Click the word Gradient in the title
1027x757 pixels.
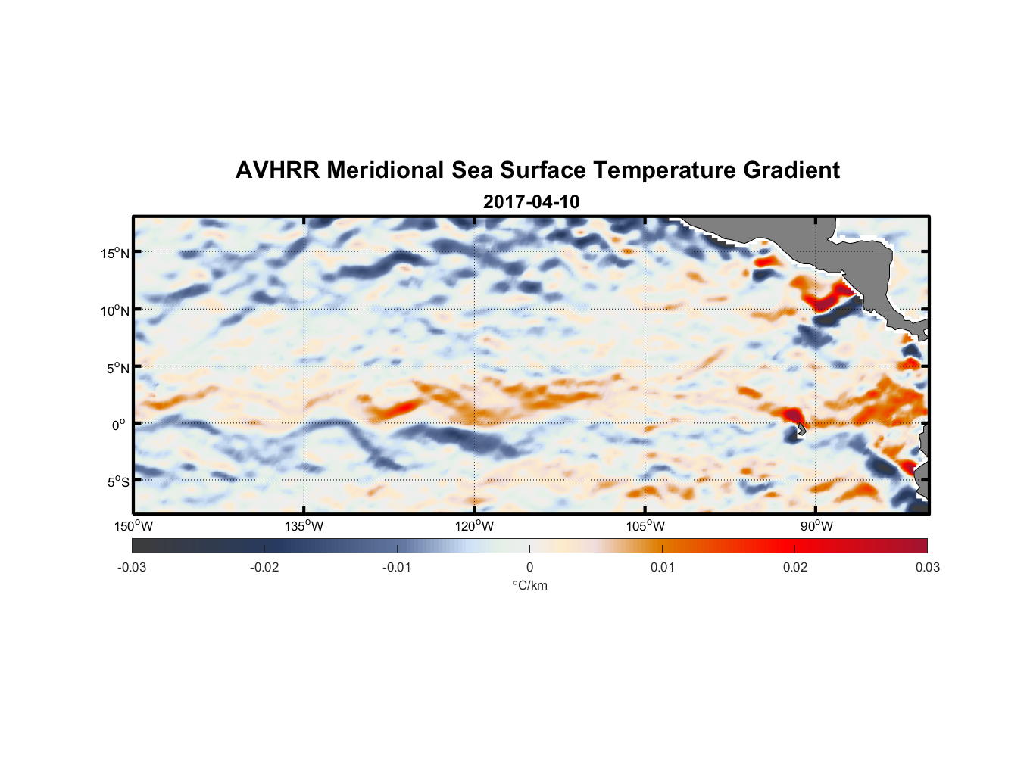pyautogui.click(x=791, y=170)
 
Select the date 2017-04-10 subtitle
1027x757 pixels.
pyautogui.click(x=531, y=202)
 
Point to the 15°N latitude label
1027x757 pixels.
pyautogui.click(x=115, y=253)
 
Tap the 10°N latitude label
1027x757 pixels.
pyautogui.click(x=115, y=310)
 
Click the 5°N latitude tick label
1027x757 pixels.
pyautogui.click(x=117, y=368)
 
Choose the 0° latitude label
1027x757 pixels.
pyautogui.click(x=119, y=425)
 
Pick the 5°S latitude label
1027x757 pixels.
pyautogui.click(x=117, y=482)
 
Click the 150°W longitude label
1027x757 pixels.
pyautogui.click(x=133, y=526)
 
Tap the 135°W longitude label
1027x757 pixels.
pyautogui.click(x=304, y=526)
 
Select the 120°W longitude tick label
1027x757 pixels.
pyautogui.click(x=474, y=526)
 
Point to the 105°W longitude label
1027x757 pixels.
pyautogui.click(x=645, y=526)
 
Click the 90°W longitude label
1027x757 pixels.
pyautogui.click(x=816, y=526)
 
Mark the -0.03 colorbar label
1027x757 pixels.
pyautogui.click(x=132, y=568)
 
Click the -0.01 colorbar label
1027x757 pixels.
pyautogui.click(x=397, y=568)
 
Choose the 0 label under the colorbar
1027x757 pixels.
pyautogui.click(x=529, y=568)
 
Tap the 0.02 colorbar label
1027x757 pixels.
pyautogui.click(x=795, y=568)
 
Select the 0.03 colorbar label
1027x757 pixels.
pyautogui.click(x=927, y=568)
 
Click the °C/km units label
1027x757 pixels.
pyautogui.click(x=530, y=585)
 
